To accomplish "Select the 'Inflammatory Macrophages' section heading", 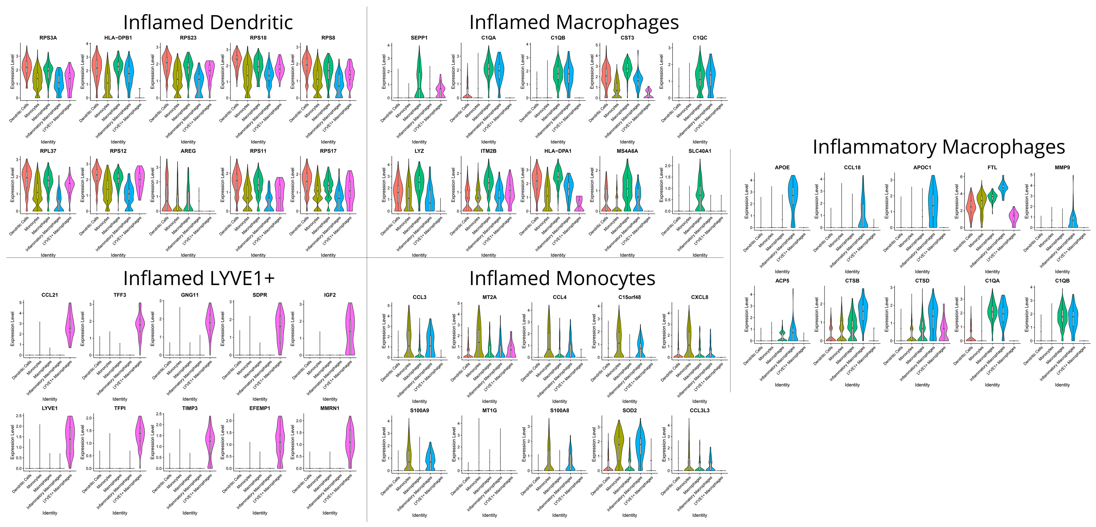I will (x=938, y=147).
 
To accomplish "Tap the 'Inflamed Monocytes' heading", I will (x=562, y=279).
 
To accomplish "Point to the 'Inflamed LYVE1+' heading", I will (x=199, y=279).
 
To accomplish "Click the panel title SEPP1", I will (x=419, y=38).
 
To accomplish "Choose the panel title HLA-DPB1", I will (x=118, y=38).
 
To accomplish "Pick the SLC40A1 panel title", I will (x=700, y=151).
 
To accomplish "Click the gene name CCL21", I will (x=50, y=295).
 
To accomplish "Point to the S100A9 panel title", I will (x=420, y=411).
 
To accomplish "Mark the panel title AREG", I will (x=188, y=151).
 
